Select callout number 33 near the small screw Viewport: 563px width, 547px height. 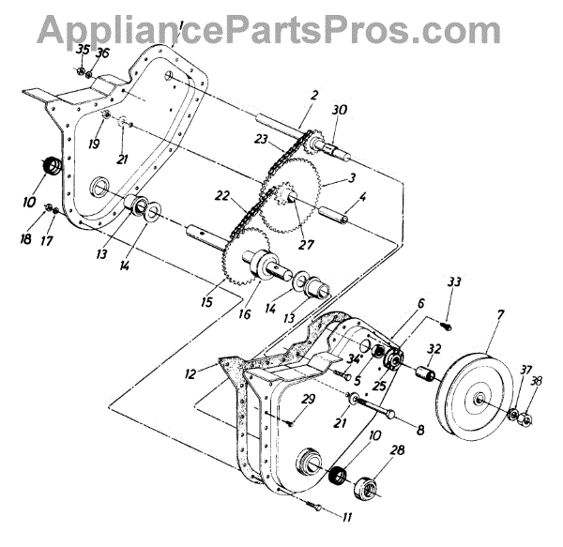pyautogui.click(x=455, y=282)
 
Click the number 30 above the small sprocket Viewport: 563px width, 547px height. pyautogui.click(x=339, y=110)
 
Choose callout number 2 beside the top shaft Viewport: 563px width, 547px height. pyautogui.click(x=314, y=96)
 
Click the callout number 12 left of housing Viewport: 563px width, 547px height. pyautogui.click(x=190, y=374)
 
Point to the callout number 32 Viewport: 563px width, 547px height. pyautogui.click(x=433, y=347)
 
